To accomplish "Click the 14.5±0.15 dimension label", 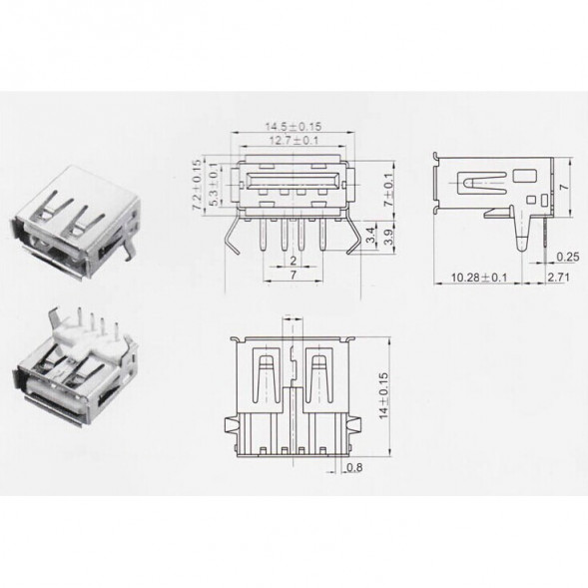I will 293,128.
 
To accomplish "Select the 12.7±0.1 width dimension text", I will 293,143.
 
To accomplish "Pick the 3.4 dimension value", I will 370,239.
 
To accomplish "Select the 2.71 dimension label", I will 558,276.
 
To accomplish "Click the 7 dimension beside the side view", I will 565,187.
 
